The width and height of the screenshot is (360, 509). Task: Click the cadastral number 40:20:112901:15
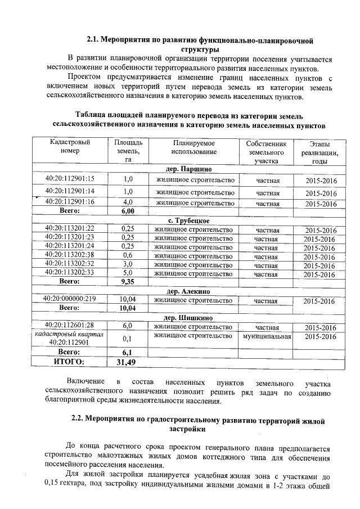(70, 179)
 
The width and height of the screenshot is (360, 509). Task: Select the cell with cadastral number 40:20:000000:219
(70, 300)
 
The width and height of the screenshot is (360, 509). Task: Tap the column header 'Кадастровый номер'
(70, 147)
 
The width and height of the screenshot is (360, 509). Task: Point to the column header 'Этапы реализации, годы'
(319, 152)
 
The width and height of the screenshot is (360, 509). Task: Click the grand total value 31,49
(126, 362)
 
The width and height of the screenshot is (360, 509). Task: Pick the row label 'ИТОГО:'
(69, 362)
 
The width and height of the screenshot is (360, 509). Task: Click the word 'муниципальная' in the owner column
(267, 336)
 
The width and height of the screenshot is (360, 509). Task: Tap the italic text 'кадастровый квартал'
(69, 334)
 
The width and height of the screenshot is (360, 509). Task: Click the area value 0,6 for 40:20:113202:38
(127, 256)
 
